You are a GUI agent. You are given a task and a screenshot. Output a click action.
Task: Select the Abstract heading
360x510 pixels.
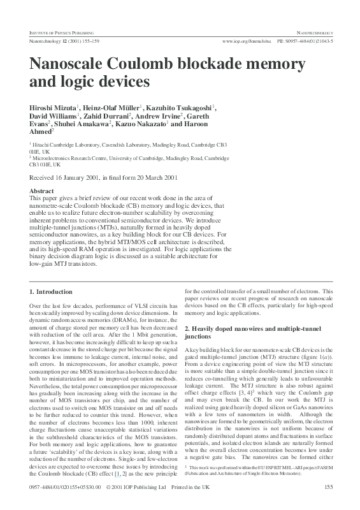tap(42, 191)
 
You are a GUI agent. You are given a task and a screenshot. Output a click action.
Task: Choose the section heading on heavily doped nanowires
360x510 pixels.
tap(247, 331)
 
